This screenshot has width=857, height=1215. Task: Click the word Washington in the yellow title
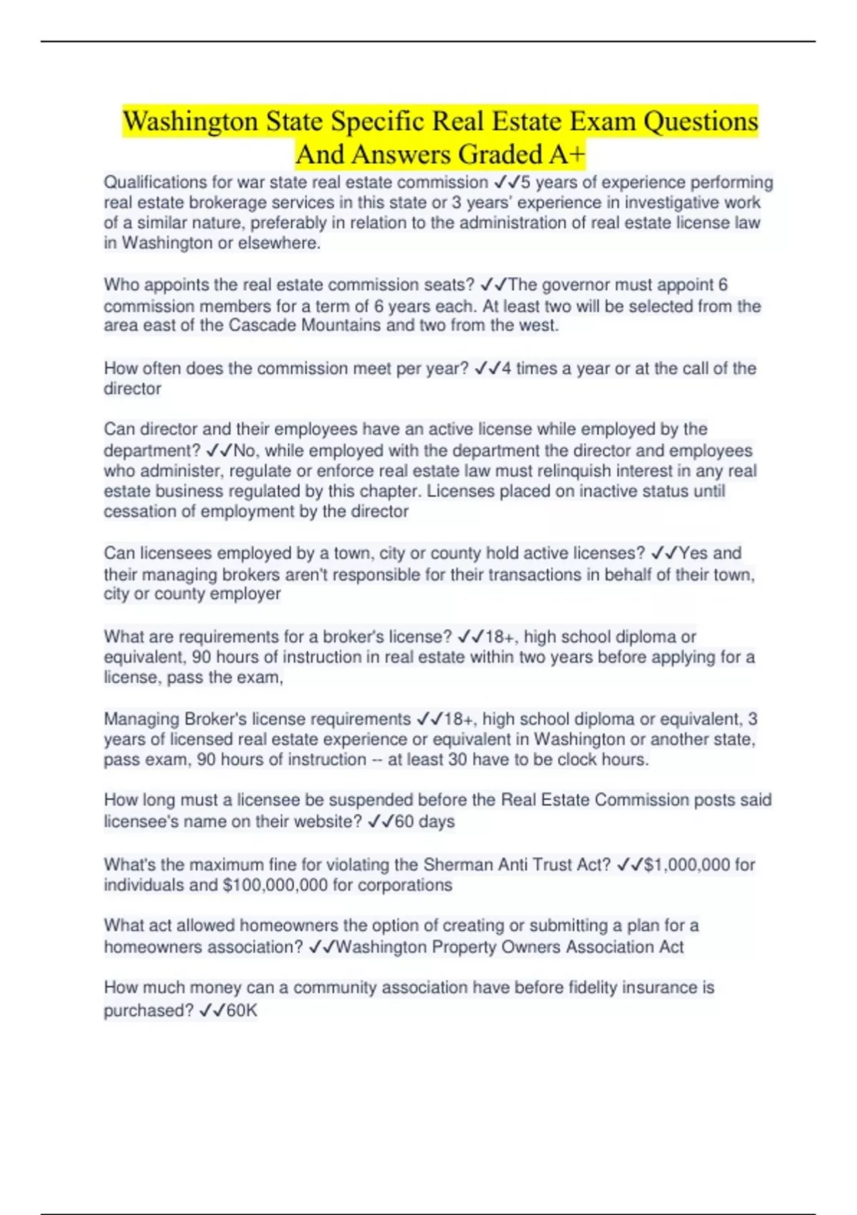(x=191, y=121)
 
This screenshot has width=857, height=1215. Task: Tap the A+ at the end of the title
(x=568, y=154)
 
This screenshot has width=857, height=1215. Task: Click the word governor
(x=576, y=284)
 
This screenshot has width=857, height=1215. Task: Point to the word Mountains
(x=341, y=325)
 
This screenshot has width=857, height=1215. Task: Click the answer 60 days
(x=425, y=821)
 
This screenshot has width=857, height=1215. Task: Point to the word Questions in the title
(x=701, y=121)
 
